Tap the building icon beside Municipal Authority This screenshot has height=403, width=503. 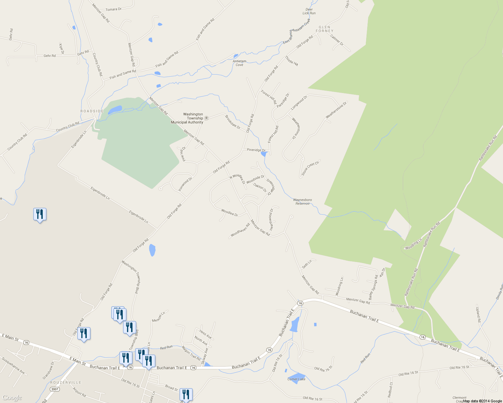[x=206, y=118]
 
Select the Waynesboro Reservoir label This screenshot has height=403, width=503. [x=302, y=201]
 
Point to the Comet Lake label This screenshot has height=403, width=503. [x=296, y=379]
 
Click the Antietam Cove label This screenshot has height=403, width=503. [x=239, y=63]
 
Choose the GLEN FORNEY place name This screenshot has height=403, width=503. [x=324, y=29]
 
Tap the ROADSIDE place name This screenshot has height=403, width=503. [x=92, y=111]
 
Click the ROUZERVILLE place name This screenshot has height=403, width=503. [x=66, y=383]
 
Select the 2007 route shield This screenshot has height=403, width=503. [x=55, y=389]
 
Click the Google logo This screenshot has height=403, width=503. [x=12, y=398]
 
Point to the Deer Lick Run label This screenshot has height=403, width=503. [x=309, y=11]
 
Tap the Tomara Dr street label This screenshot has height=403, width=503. [x=114, y=9]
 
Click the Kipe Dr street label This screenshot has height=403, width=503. [x=61, y=48]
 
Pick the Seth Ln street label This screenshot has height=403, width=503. [x=307, y=264]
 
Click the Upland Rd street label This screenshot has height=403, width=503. [x=478, y=314]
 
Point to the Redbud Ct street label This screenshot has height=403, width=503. [x=390, y=390]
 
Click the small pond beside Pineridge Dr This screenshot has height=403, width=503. [x=264, y=154]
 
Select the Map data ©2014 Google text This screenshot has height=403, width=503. [x=482, y=401]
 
